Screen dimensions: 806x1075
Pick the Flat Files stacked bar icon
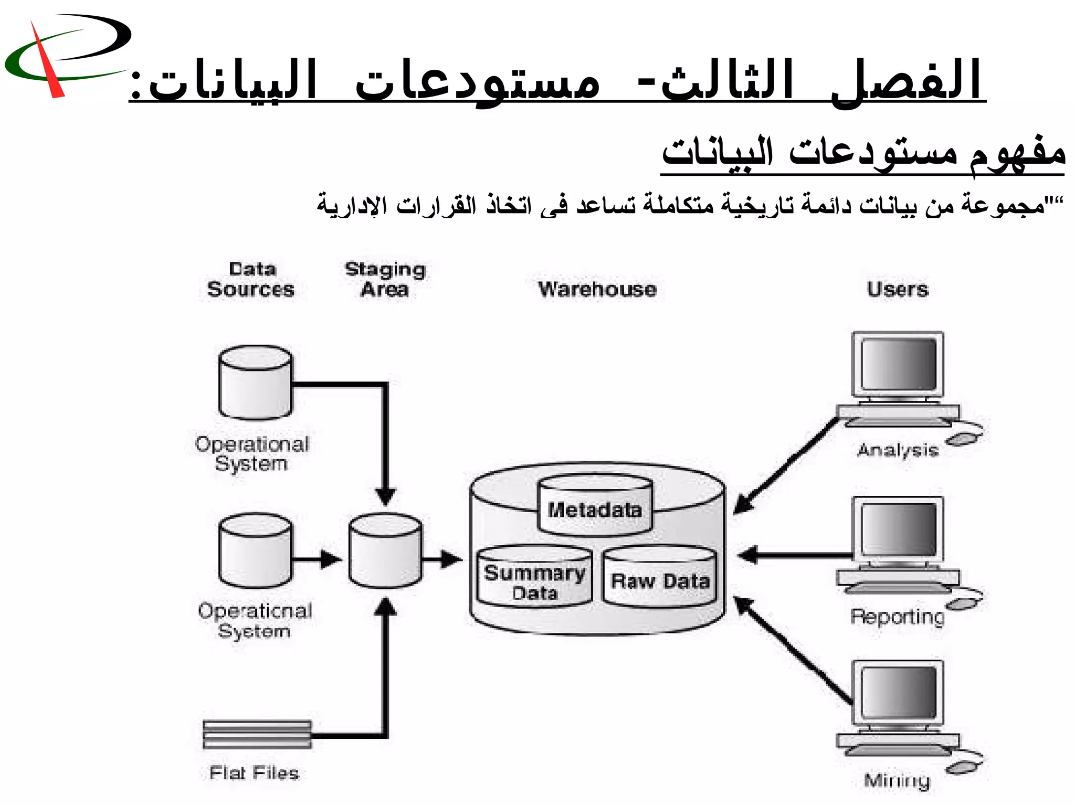[257, 734]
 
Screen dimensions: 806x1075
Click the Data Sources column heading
[251, 280]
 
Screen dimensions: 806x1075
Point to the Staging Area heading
[385, 280]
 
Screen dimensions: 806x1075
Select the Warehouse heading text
[597, 290]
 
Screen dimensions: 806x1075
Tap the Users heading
[898, 290]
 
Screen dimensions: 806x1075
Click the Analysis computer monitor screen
[898, 364]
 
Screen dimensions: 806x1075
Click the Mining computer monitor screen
[898, 693]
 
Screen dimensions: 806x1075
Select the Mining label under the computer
[897, 781]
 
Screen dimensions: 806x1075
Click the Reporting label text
[897, 617]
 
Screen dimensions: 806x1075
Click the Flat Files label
[254, 773]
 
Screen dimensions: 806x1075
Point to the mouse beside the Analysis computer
[965, 438]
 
